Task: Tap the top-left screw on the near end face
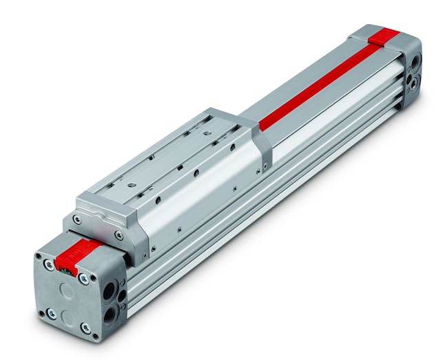(49, 263)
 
